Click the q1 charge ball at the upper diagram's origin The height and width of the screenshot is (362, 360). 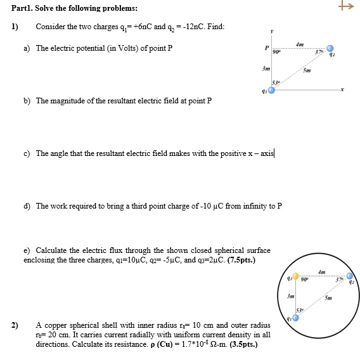click(271, 91)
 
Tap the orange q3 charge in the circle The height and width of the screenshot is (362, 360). click(295, 276)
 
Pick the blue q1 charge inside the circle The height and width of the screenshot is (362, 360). click(295, 318)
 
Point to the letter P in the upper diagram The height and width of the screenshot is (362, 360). click(267, 48)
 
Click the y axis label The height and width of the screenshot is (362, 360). click(272, 30)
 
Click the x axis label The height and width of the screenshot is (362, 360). click(342, 91)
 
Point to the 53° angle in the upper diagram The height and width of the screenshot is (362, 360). click(275, 83)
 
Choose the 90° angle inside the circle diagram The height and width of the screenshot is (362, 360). click(304, 280)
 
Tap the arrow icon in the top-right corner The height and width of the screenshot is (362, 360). click(345, 7)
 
